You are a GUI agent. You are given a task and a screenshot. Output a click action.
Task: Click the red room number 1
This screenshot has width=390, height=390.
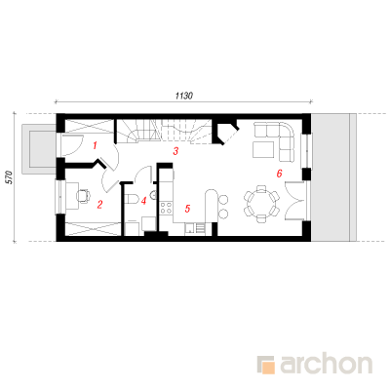pos(95,145)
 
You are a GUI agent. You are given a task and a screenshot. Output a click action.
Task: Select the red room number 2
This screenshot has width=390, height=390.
pos(99,205)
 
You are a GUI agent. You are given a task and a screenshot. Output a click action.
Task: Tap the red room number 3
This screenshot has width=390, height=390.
pos(175,151)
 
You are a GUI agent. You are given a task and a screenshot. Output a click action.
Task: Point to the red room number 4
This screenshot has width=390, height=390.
pos(143,201)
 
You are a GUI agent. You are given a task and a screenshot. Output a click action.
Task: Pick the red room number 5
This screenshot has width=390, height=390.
pos(187,209)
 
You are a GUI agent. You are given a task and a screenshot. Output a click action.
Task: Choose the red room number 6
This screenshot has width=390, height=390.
pos(279,174)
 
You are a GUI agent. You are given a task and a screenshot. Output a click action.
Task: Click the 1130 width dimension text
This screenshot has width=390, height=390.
pos(184,96)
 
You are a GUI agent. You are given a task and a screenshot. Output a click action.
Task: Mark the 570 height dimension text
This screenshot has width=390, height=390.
pos(10,177)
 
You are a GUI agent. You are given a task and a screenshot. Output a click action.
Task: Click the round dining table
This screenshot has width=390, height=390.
pos(261,204)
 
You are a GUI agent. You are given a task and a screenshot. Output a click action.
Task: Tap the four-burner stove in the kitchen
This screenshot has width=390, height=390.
pos(166,208)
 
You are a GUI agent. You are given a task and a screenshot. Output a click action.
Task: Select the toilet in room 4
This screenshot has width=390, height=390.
pos(132,199)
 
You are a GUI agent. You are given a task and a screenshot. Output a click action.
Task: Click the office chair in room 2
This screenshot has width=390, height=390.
pos(83,196)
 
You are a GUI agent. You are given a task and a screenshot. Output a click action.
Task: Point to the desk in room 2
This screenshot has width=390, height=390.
pos(72,196)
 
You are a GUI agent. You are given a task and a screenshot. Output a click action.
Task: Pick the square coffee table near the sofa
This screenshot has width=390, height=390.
pos(263,150)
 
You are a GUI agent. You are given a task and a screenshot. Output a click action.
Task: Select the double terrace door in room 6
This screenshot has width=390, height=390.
pos(295,202)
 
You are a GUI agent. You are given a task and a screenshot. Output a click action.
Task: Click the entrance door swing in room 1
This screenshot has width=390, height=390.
pos(72,145)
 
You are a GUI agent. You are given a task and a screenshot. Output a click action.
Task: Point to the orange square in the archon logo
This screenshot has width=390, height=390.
pos(267,367)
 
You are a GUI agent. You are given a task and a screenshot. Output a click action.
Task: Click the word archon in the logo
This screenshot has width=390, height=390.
pos(327,365)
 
